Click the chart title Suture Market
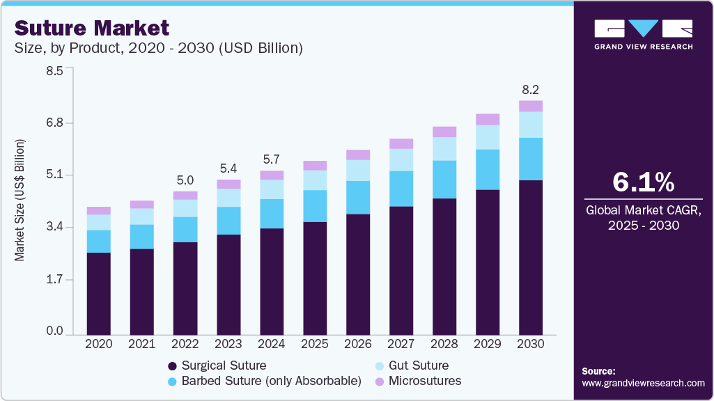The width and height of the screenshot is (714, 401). point(91,28)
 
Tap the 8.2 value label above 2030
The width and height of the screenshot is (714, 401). point(531,90)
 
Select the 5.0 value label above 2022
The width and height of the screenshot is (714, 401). point(185,180)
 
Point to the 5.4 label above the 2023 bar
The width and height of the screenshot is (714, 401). point(228,168)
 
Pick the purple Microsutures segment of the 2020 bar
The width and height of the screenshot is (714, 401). point(99,210)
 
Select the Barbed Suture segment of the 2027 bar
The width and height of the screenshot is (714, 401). point(401,188)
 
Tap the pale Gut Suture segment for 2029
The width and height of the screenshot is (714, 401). point(488,137)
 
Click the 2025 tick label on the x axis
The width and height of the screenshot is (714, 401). point(315,344)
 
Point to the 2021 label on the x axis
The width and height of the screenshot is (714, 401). point(142,344)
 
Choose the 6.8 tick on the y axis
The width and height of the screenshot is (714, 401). point(54,123)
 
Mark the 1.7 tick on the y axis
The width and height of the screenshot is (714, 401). point(54,280)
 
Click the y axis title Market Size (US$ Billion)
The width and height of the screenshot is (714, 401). point(20,200)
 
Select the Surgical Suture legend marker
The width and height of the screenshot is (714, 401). point(171,365)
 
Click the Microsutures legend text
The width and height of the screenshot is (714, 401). point(425,381)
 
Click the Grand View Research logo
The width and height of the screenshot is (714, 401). point(643,33)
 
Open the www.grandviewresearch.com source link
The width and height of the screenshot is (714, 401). point(643,383)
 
